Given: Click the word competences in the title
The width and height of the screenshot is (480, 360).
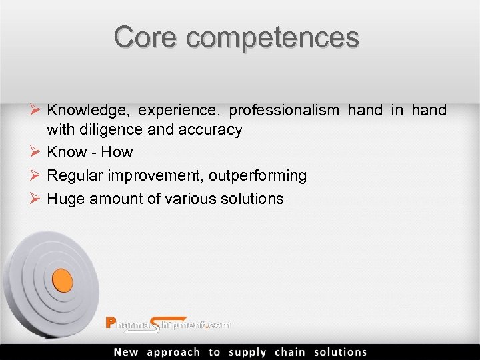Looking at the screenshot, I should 273,38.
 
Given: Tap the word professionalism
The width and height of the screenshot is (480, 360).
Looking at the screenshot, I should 284,111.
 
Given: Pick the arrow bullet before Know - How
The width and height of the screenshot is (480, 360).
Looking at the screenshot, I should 37,152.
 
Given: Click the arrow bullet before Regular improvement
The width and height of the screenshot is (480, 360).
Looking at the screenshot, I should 37,175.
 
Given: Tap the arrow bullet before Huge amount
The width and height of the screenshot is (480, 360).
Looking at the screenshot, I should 37,198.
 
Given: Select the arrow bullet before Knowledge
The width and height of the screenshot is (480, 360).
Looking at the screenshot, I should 37,110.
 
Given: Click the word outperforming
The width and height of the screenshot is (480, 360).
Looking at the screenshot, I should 257,176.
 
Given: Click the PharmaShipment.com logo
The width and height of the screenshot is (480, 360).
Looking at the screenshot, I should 168,325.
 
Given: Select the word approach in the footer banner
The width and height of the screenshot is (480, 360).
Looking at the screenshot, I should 173,353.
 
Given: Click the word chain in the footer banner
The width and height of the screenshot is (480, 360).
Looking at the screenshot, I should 290,353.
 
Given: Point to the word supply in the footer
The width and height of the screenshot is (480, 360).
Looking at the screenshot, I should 247,353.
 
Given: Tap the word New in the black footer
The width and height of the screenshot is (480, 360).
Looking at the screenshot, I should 127,353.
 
